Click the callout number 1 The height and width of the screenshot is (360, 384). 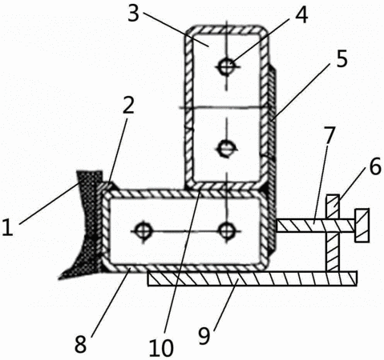point(7,226)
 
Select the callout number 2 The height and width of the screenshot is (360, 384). point(128,106)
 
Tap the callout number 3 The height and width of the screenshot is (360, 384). point(134,14)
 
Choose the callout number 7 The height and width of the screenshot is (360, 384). point(329,135)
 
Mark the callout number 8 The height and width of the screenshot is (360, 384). point(80,344)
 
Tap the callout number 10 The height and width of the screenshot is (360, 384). point(161,348)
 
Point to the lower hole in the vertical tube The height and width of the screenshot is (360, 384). point(227,148)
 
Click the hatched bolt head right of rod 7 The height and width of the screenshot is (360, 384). point(362,226)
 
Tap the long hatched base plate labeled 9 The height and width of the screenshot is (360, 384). point(253,278)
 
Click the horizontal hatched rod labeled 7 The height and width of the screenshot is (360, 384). point(316,226)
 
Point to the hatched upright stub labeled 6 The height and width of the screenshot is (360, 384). point(333,206)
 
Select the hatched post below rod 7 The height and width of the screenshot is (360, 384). point(333,251)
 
